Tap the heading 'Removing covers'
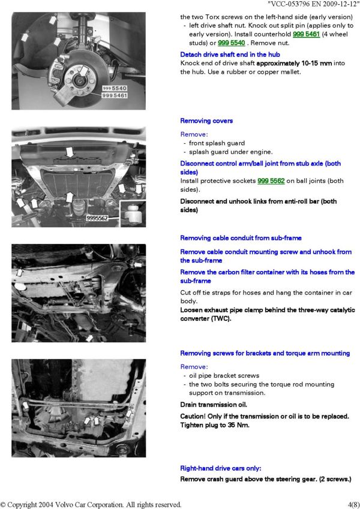(206, 121)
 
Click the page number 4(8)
(353, 504)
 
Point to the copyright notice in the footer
(91, 504)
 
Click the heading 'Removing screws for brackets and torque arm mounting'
(265, 354)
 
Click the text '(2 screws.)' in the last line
(331, 479)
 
